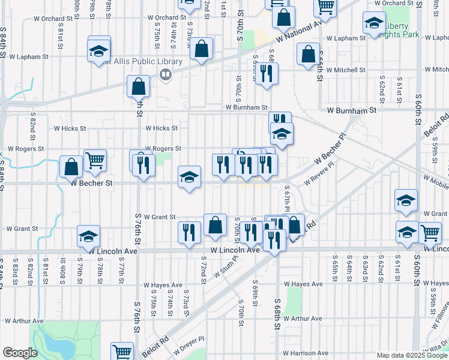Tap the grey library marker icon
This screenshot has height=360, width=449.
(165, 74)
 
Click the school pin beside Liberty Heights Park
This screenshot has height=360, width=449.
(374, 23)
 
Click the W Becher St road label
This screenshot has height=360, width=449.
(92, 184)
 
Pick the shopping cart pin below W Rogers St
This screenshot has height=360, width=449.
(95, 160)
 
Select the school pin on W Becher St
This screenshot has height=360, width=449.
(189, 177)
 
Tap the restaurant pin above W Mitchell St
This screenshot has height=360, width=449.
(267, 73)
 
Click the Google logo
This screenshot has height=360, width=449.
(19, 353)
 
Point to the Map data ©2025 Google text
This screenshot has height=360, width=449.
(411, 355)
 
